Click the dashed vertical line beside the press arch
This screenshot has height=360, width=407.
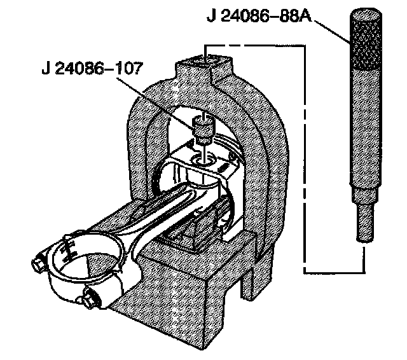click(x=304, y=159)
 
